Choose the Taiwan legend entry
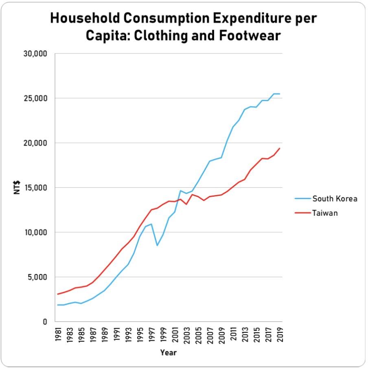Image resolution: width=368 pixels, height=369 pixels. [325, 213]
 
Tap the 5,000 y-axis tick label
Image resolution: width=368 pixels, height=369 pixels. [39, 277]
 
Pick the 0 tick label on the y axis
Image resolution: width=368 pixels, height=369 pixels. [46, 322]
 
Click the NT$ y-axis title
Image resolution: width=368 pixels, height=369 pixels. [17, 188]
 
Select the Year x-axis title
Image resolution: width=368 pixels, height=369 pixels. [169, 352]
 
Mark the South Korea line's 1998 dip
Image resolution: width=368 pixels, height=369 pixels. [157, 245]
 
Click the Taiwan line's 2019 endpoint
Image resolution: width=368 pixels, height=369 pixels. [280, 148]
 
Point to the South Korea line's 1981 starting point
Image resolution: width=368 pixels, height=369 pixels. [58, 305]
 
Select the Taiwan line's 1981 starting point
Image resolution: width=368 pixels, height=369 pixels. [58, 294]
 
